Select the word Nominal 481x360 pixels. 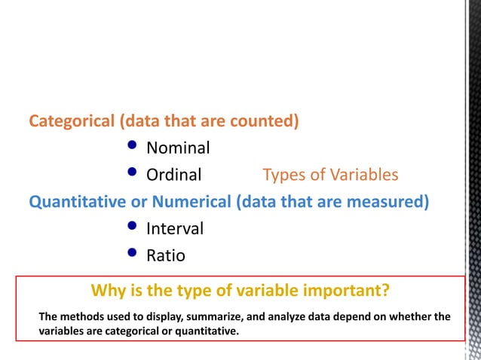click(x=178, y=148)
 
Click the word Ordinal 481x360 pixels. click(x=174, y=175)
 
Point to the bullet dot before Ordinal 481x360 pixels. click(x=133, y=173)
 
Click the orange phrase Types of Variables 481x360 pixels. click(x=330, y=175)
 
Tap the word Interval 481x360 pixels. click(x=175, y=228)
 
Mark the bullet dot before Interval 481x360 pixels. click(x=133, y=226)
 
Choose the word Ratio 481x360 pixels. click(x=166, y=255)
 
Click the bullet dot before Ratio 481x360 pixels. click(x=133, y=254)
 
